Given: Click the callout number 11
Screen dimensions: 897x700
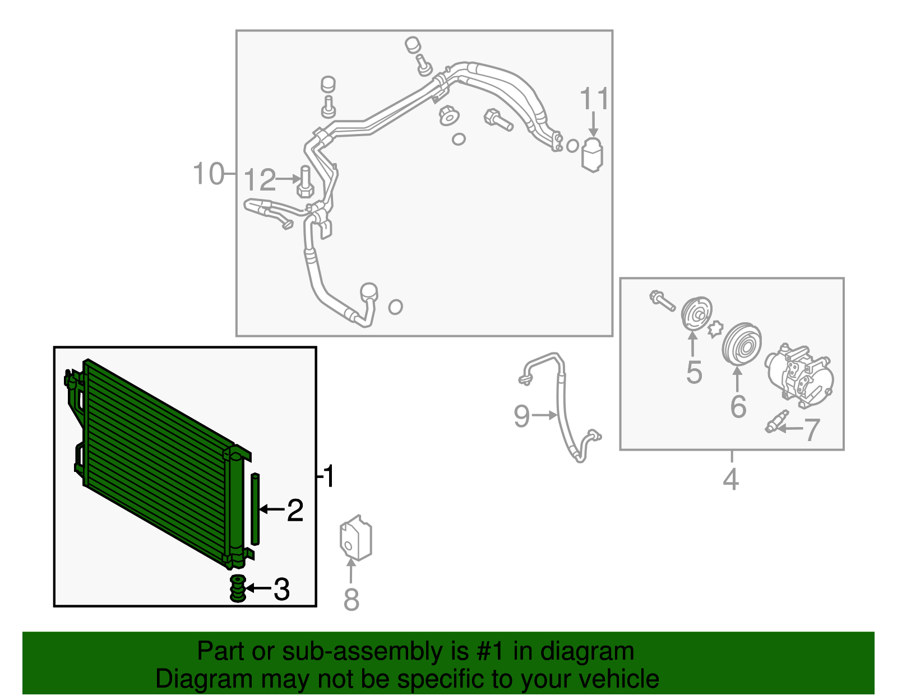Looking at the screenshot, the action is pyautogui.click(x=594, y=99).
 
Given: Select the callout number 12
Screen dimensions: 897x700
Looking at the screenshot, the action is pyautogui.click(x=259, y=180).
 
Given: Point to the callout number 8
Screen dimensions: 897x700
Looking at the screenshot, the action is pyautogui.click(x=351, y=599).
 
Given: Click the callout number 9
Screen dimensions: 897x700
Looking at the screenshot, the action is pyautogui.click(x=522, y=416).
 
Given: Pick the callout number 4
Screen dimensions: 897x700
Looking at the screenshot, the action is pyautogui.click(x=730, y=479).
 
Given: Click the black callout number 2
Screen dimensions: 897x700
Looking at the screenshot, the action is pyautogui.click(x=295, y=510).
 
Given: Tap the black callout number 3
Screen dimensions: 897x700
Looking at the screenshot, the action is pyautogui.click(x=282, y=589).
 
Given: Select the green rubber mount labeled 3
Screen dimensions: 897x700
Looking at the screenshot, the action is pyautogui.click(x=238, y=588).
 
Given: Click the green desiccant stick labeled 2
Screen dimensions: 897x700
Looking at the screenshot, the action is pyautogui.click(x=255, y=509).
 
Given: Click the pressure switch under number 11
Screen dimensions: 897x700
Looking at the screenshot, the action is pyautogui.click(x=592, y=155).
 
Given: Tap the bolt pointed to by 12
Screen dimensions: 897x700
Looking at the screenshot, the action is pyautogui.click(x=306, y=182).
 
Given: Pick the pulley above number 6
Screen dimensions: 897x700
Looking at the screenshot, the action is pyautogui.click(x=742, y=345).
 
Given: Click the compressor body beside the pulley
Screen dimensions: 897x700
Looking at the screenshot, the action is pyautogui.click(x=799, y=376).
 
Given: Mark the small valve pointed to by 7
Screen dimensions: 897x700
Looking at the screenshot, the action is pyautogui.click(x=776, y=421).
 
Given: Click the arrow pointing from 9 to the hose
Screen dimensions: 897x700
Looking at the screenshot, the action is pyautogui.click(x=544, y=415).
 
